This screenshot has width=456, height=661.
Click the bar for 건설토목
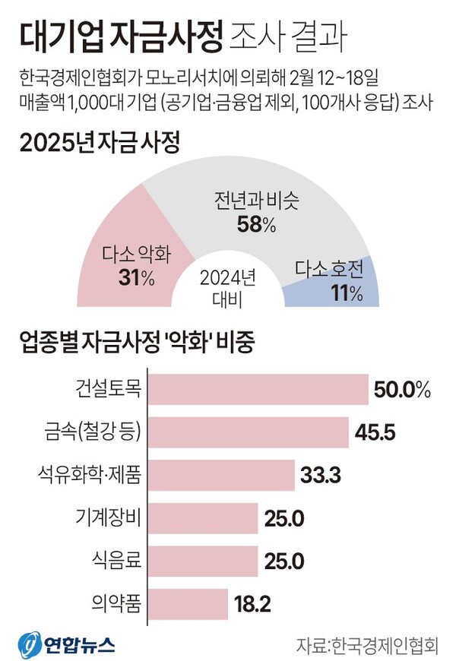pos(258,391)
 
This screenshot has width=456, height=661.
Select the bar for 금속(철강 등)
pos(249,433)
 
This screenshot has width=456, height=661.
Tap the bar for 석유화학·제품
pos(221,476)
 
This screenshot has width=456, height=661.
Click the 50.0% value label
pos(403,391)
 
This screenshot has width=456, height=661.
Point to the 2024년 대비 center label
pos(227,287)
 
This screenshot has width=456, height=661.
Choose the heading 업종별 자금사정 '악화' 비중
pos(138,343)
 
